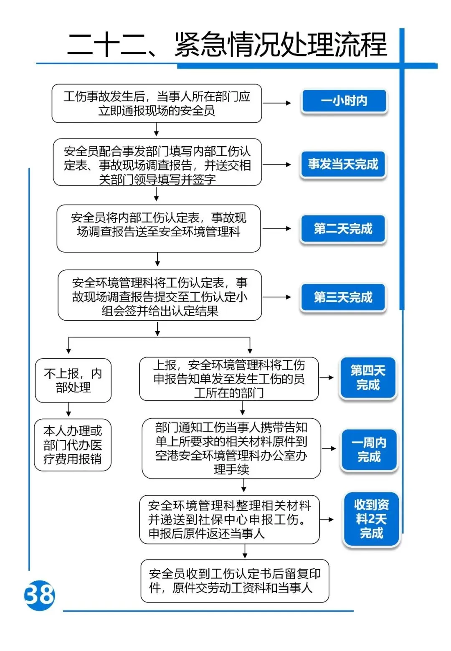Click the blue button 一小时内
click(344, 101)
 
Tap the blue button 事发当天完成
click(343, 165)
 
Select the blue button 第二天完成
click(343, 229)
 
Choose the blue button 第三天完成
click(343, 297)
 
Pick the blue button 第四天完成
click(367, 378)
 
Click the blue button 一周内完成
click(369, 450)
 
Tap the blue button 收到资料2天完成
click(371, 519)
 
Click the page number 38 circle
click(40, 595)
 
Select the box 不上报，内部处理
click(73, 380)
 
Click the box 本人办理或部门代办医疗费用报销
click(73, 445)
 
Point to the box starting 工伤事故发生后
click(157, 104)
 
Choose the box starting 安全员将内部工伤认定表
click(159, 228)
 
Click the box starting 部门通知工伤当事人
click(231, 448)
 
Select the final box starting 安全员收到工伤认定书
click(235, 581)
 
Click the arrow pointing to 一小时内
click(276, 103)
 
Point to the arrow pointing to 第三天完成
click(276, 297)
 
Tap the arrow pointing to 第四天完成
click(327, 377)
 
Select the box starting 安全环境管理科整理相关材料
click(229, 519)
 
